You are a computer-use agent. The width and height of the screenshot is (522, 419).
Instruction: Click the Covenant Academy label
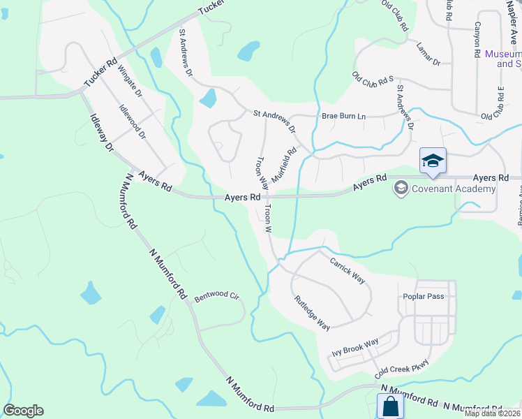pos(454,189)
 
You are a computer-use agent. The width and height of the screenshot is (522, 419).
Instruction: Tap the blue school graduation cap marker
pos(433,161)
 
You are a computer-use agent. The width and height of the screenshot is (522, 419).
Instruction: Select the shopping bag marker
pos(390,406)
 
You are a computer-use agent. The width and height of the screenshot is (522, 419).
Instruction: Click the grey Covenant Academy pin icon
pos(401,188)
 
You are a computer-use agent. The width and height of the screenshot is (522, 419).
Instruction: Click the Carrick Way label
pos(348,269)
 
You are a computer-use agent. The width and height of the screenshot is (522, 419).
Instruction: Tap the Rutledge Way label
pos(312,312)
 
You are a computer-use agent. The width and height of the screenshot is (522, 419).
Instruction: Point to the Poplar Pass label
pos(424,296)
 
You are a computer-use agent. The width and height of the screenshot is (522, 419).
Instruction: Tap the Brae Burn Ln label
pos(343,117)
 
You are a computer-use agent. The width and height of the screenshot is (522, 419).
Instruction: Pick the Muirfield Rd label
pos(284,165)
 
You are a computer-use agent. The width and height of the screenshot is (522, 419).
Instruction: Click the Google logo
pos(23,411)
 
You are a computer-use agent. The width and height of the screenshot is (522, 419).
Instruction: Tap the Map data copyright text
pos(493,413)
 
